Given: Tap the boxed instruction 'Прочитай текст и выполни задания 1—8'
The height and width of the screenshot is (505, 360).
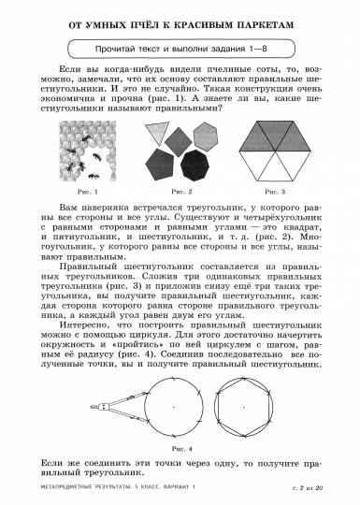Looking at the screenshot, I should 179,47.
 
